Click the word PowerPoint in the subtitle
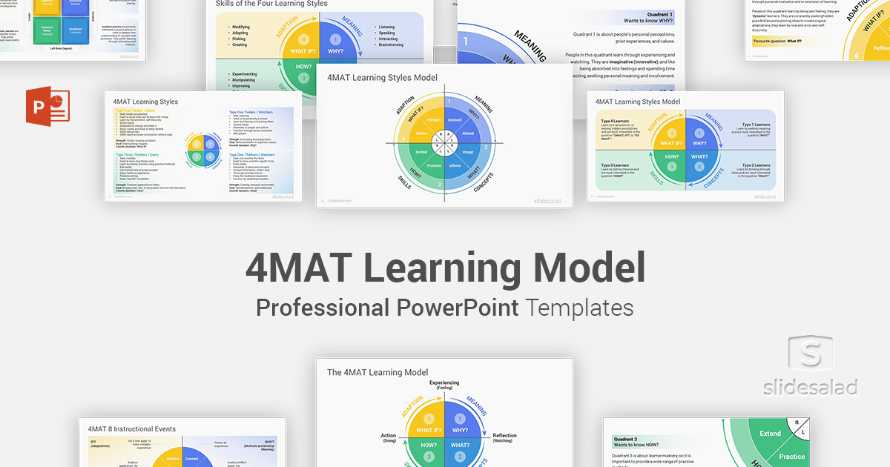click(467, 307)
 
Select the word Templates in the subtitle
click(579, 307)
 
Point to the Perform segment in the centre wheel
click(434, 120)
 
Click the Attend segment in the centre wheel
click(468, 133)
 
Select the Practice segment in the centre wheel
click(434, 165)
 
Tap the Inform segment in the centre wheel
click(455, 165)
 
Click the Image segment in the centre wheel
click(468, 152)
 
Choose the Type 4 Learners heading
click(616, 120)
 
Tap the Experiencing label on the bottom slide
click(444, 382)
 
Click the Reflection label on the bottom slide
click(504, 436)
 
